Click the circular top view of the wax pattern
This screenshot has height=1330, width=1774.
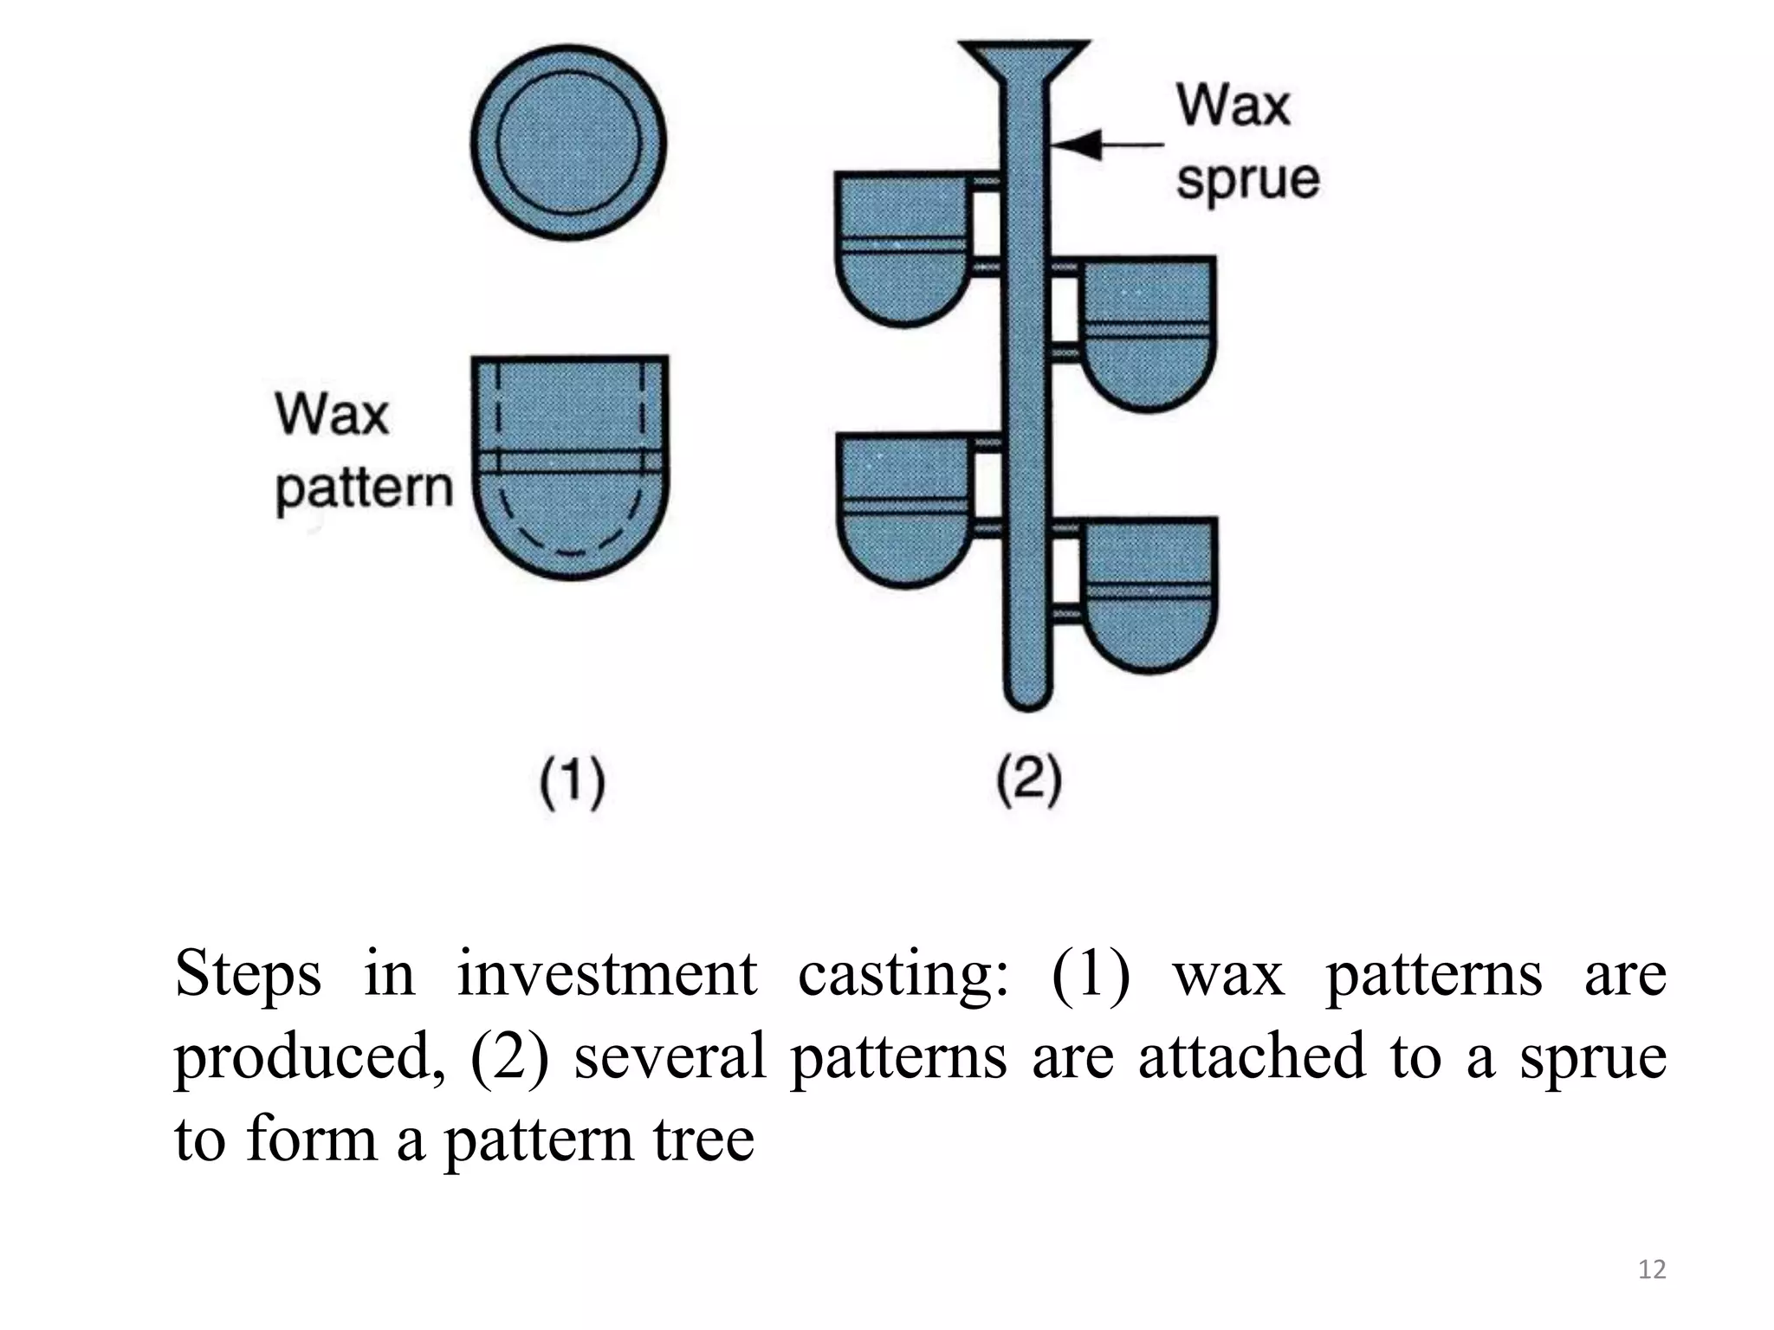[569, 143]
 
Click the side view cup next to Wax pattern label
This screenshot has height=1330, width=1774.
[570, 468]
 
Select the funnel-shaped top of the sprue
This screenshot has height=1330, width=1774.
[1025, 62]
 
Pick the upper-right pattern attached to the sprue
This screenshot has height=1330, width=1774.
[1148, 333]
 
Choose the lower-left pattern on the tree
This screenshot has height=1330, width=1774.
[905, 511]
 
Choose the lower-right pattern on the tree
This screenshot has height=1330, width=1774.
[1149, 596]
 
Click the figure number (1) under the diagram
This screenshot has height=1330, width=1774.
[572, 783]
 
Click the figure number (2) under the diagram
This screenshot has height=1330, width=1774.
[1028, 781]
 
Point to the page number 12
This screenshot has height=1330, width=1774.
[1652, 1269]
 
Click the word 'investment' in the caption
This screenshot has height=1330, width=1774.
[606, 974]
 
